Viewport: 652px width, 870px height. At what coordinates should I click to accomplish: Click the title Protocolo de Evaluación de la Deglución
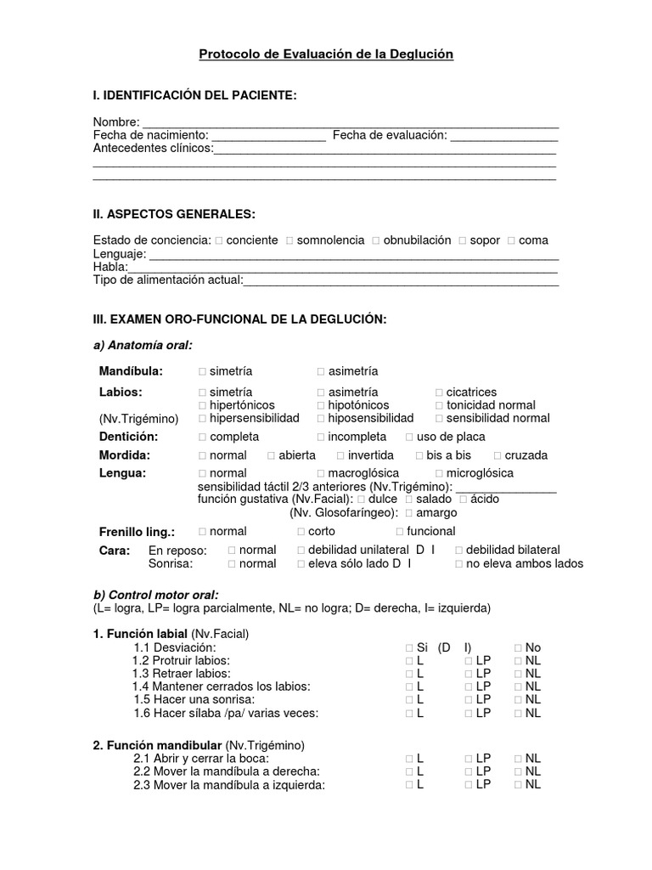(326, 54)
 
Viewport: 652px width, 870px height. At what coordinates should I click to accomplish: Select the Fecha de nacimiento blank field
(268, 137)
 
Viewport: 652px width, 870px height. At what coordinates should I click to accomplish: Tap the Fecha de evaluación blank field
(503, 137)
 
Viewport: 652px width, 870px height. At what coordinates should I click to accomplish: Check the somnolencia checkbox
(290, 241)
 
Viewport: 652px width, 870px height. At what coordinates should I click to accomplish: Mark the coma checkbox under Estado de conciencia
(511, 241)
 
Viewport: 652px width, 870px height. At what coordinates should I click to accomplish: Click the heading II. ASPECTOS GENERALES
(173, 212)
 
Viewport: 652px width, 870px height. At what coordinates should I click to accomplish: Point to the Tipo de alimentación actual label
(168, 280)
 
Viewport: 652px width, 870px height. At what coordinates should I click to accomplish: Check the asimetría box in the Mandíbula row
(321, 372)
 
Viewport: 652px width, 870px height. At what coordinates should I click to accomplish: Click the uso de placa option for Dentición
(409, 438)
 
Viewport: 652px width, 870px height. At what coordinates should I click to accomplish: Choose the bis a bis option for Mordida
(419, 455)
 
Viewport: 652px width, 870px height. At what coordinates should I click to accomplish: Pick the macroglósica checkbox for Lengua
(321, 473)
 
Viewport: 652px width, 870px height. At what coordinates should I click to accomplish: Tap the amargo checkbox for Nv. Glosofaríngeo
(409, 513)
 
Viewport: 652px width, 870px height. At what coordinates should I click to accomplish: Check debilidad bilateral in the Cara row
(459, 551)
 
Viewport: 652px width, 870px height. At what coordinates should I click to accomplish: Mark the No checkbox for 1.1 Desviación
(518, 648)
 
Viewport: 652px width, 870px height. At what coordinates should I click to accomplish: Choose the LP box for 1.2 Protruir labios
(469, 661)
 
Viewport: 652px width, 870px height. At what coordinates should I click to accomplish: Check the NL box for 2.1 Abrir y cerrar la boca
(518, 759)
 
